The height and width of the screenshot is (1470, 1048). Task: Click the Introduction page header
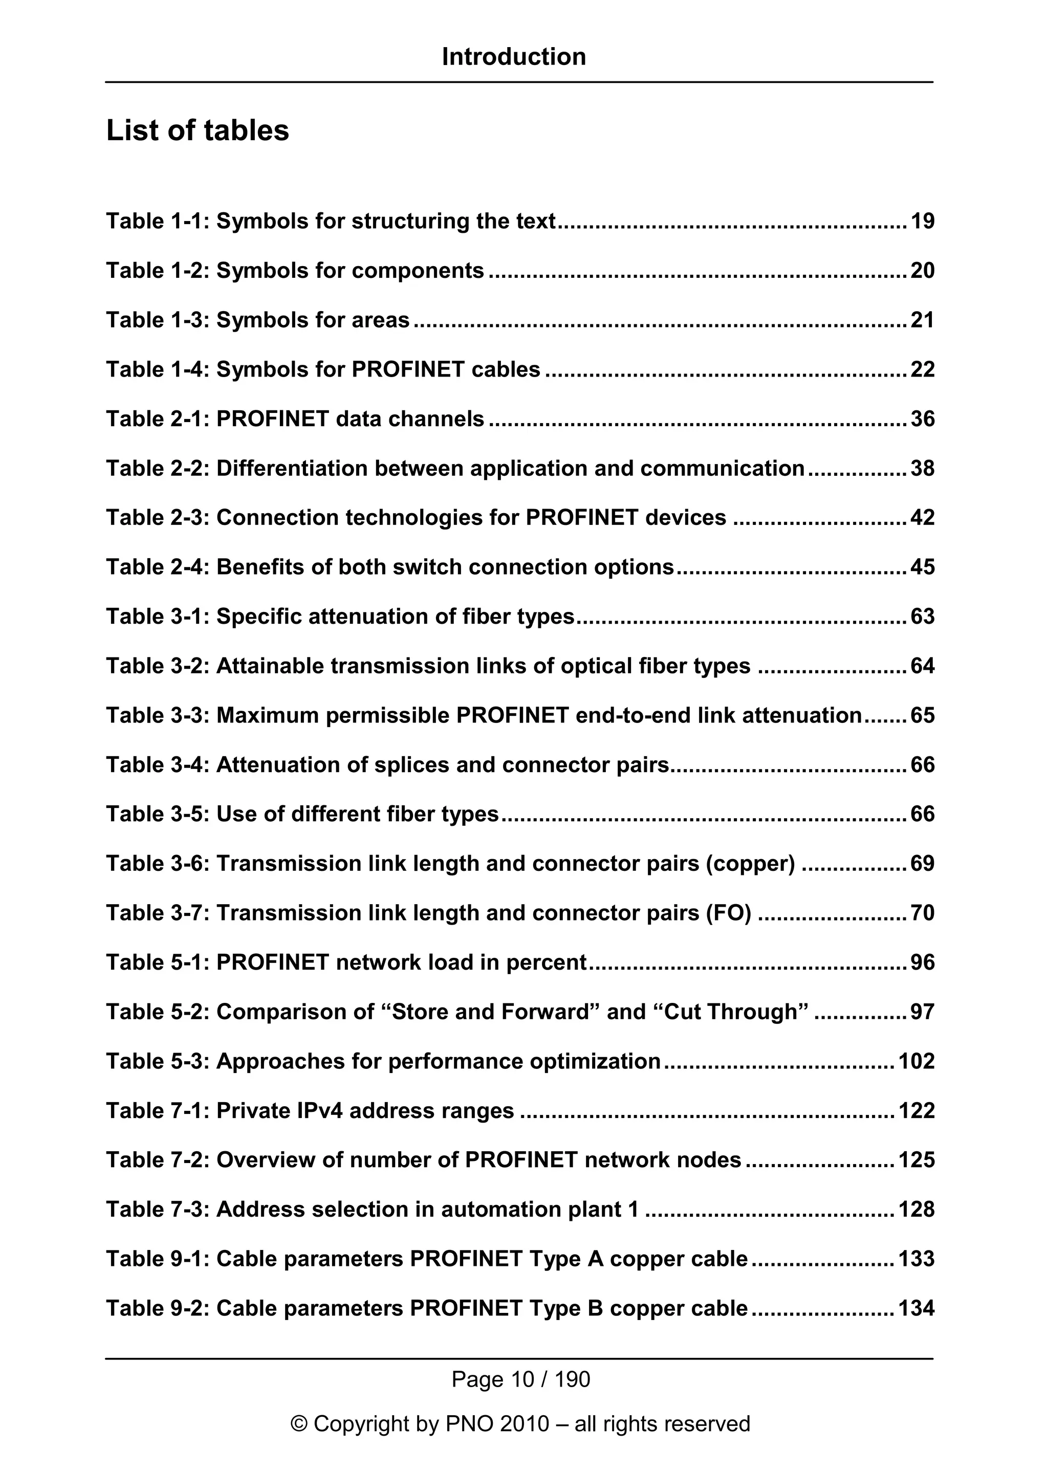point(514,57)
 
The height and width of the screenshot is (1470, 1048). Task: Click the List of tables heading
point(198,130)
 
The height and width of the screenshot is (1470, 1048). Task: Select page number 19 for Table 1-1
point(922,222)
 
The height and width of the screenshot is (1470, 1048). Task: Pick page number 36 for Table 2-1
point(922,419)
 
